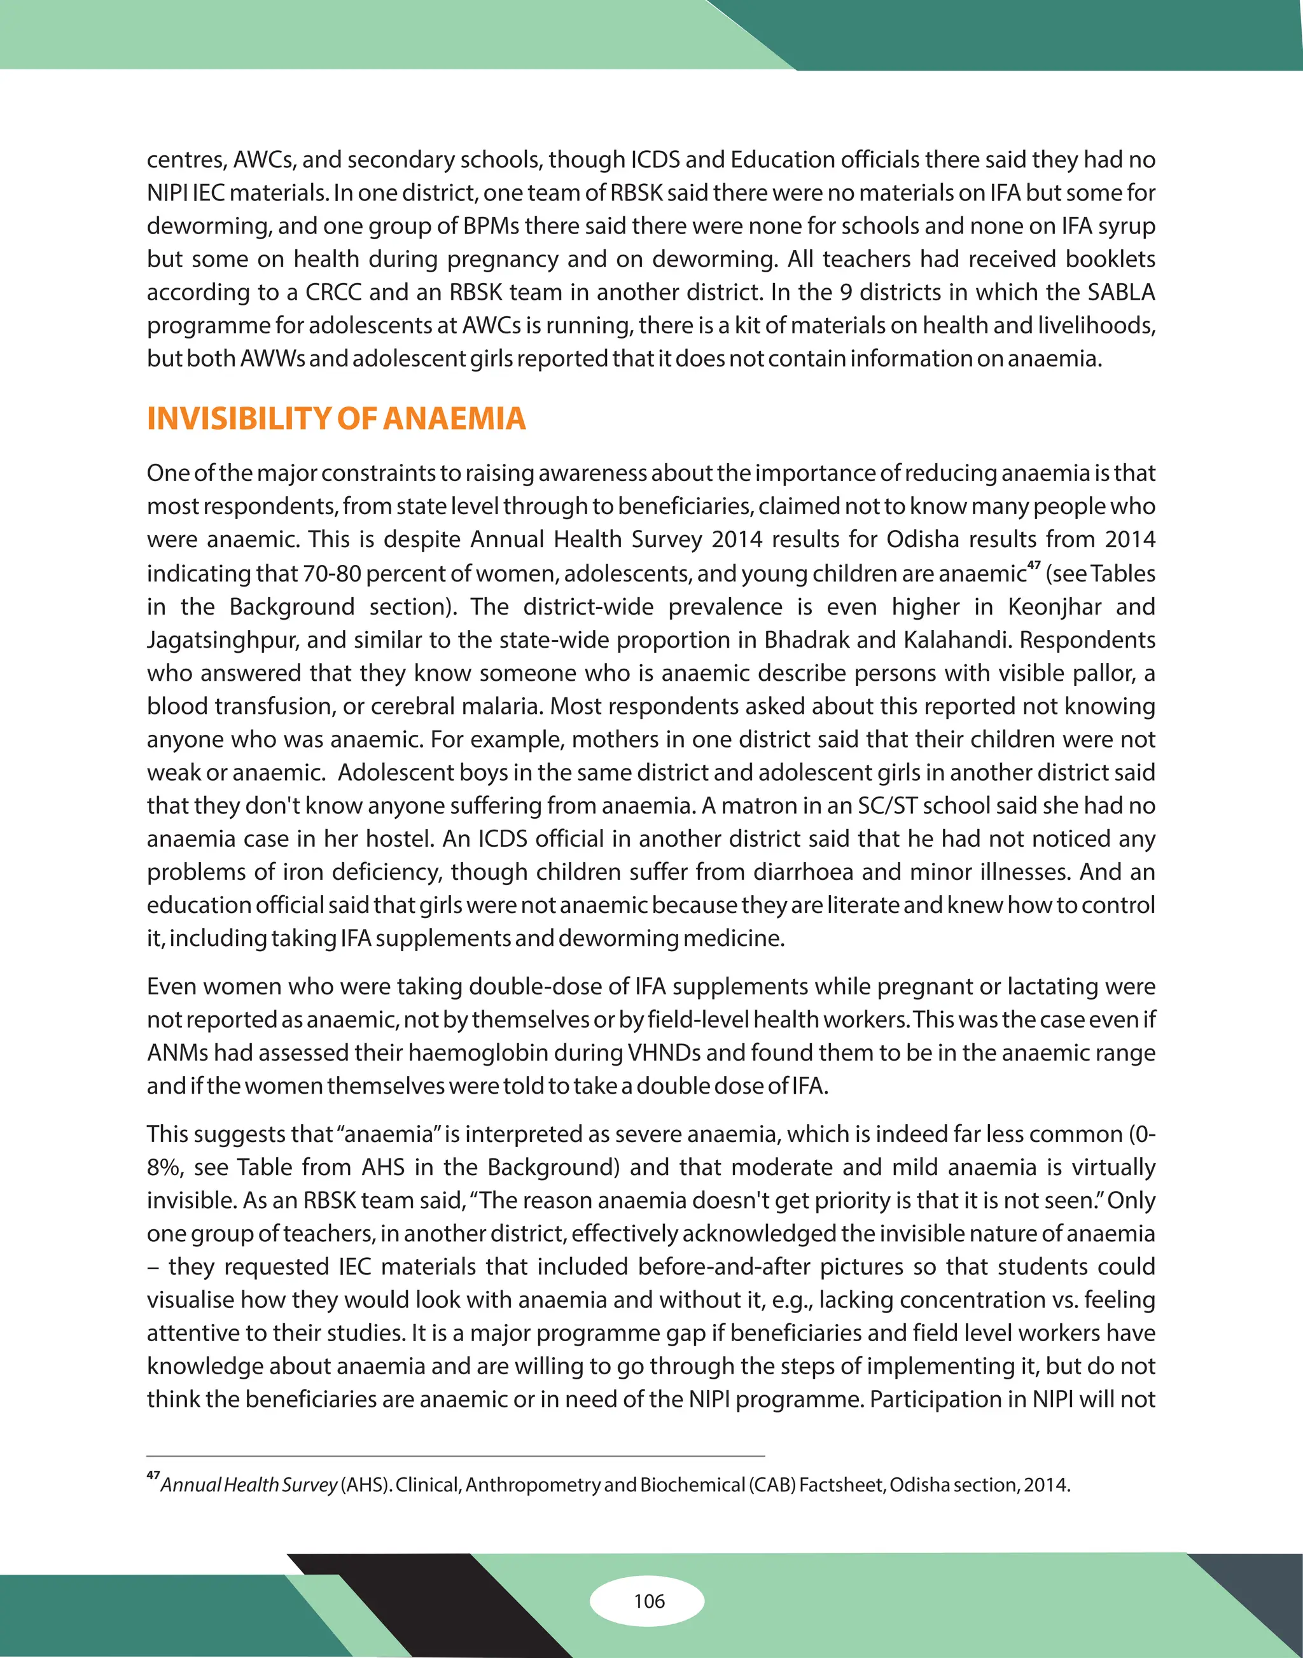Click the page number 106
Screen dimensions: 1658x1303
click(649, 1601)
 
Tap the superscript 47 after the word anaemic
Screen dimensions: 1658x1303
click(1034, 566)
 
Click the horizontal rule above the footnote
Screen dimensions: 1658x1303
click(456, 1456)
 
